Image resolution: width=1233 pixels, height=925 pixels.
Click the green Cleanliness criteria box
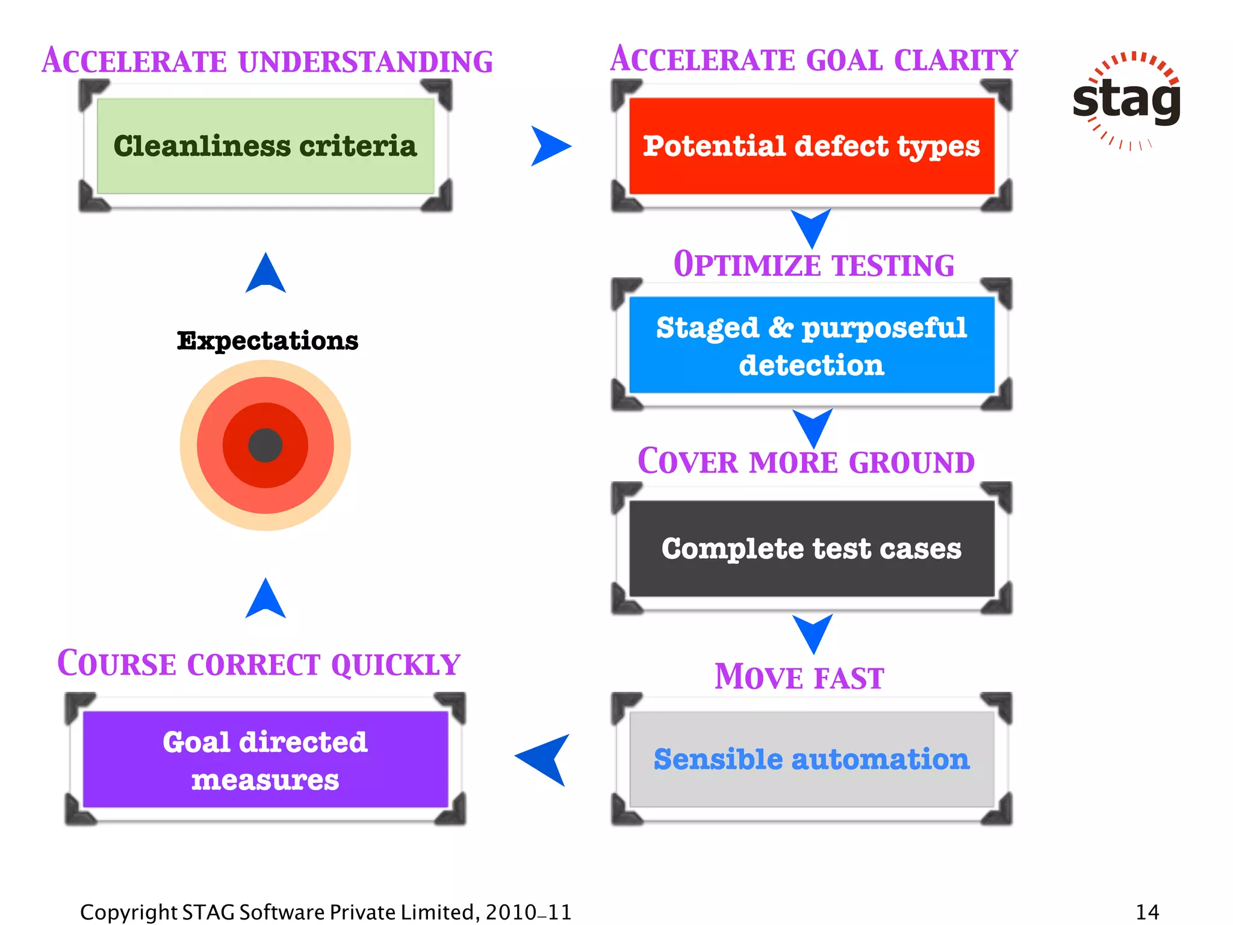(x=265, y=146)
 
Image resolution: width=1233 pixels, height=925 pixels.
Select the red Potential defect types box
(x=811, y=146)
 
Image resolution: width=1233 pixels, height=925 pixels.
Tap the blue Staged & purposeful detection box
(x=811, y=345)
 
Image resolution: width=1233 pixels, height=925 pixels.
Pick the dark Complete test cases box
(x=811, y=548)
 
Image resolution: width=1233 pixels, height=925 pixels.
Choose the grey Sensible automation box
(x=811, y=759)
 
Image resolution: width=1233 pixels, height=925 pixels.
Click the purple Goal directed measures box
(x=265, y=759)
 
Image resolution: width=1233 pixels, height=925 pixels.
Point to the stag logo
(x=1126, y=100)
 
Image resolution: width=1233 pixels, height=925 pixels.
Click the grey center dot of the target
(x=265, y=446)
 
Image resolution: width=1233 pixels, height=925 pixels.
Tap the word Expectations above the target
(x=267, y=341)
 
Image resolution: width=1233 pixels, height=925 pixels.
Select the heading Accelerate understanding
(x=267, y=61)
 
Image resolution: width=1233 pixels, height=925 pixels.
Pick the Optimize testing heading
(x=813, y=265)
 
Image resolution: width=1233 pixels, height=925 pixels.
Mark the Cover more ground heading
(x=806, y=462)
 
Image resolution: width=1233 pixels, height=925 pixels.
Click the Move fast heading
(x=799, y=677)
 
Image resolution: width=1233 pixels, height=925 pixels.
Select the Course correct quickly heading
(x=259, y=664)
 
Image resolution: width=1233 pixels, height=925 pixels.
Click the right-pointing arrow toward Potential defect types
(x=549, y=146)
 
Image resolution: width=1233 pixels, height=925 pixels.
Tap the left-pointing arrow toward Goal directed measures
(x=545, y=759)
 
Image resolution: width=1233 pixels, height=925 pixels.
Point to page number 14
(x=1147, y=912)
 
